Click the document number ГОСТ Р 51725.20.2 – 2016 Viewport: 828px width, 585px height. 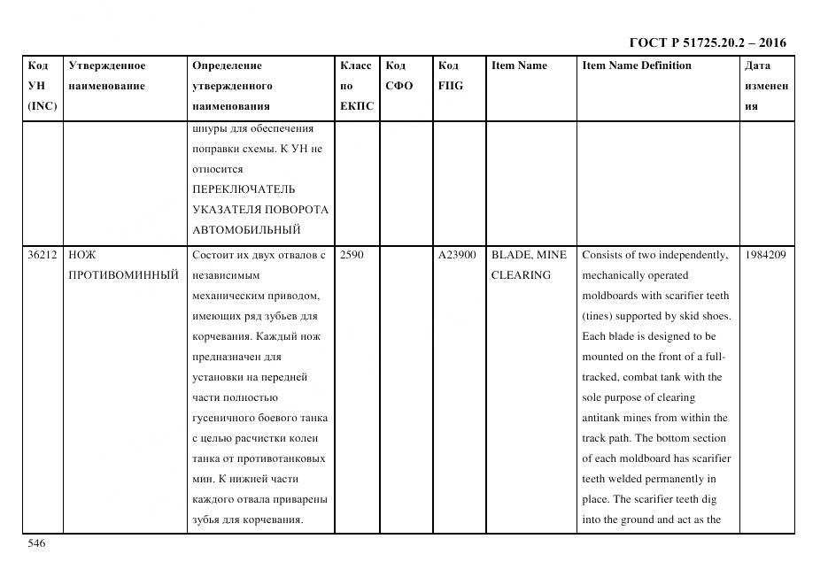click(707, 42)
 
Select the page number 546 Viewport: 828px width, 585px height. click(36, 543)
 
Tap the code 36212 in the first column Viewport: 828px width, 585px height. click(43, 255)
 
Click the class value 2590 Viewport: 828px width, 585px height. click(352, 255)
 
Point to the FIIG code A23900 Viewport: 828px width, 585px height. click(457, 255)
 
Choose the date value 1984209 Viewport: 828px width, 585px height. click(766, 255)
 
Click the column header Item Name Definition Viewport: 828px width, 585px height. click(636, 65)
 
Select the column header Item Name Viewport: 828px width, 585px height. click(519, 65)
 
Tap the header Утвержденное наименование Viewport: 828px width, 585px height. click(106, 76)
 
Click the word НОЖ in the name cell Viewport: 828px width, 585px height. click(82, 255)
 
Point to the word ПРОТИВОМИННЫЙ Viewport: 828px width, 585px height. click(123, 275)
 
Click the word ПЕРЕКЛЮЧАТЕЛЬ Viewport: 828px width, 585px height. click(244, 189)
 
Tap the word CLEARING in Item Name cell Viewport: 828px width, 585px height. click(521, 275)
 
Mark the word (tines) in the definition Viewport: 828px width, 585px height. click(598, 316)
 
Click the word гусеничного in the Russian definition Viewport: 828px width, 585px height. click(225, 418)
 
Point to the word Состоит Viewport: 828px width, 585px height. click(211, 255)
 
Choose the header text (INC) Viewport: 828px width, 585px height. click(42, 106)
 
